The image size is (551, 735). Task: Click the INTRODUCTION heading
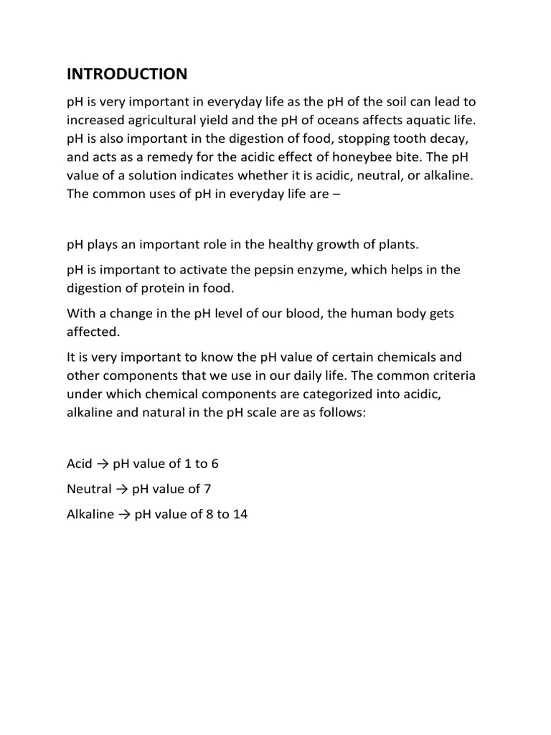coord(127,74)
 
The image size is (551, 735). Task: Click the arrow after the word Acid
coord(103,464)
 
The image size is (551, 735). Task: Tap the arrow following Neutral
coord(122,490)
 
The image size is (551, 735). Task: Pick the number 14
coord(240,515)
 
